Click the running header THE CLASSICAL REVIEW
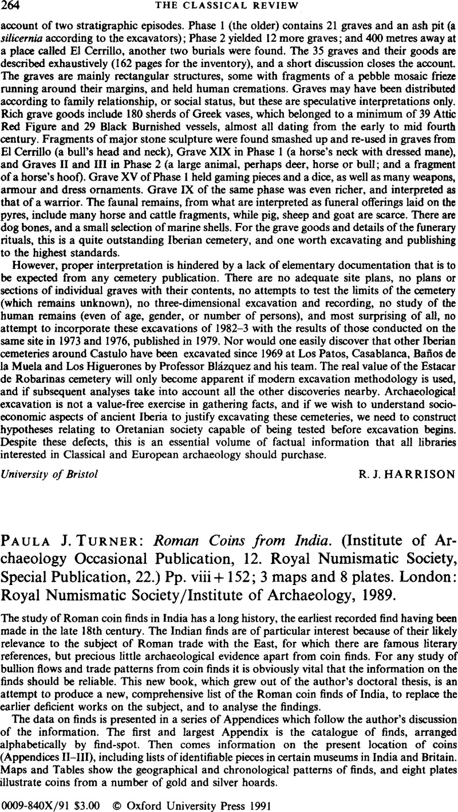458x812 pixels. tap(228, 7)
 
